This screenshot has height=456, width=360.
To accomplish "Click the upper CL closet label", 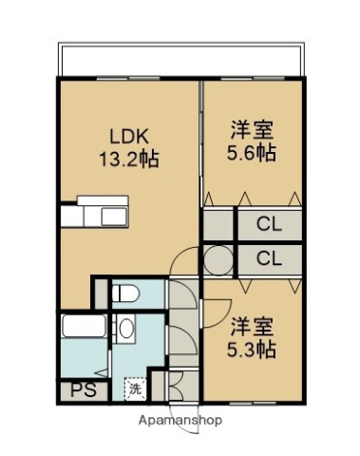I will [270, 226].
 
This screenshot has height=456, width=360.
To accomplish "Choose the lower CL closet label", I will [270, 258].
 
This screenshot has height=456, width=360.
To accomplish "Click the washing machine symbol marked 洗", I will [135, 388].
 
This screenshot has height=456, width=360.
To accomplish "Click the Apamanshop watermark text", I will [180, 419].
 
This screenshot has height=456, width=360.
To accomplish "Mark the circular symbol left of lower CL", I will [218, 258].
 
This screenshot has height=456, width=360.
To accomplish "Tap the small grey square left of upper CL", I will [218, 226].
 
